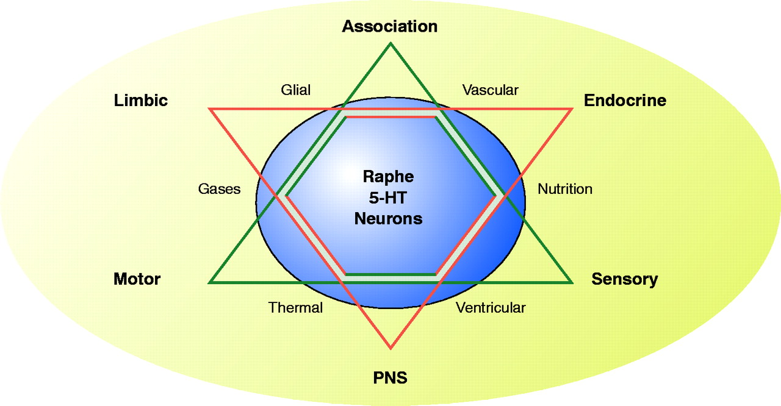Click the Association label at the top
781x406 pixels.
tap(389, 26)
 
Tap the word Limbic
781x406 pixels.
tap(140, 101)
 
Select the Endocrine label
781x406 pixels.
tap(625, 101)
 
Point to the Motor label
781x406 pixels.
tap(137, 279)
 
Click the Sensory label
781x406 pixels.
tap(624, 279)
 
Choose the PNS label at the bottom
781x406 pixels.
tap(390, 378)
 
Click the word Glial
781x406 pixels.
tap(295, 90)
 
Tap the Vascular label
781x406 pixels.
tap(490, 90)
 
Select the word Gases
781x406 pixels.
tap(219, 189)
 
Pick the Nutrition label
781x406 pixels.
tap(564, 189)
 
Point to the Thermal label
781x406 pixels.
tap(295, 308)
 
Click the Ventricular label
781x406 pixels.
tap(491, 308)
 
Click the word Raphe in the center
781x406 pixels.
tap(388, 177)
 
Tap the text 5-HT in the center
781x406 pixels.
tap(388, 198)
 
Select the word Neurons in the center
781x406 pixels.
tap(388, 218)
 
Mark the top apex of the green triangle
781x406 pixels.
tap(390, 43)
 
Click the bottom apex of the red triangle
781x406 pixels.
tap(390, 349)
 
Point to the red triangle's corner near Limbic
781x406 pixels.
tap(210, 109)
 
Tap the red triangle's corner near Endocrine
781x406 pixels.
tap(572, 109)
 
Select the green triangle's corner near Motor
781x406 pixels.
tap(210, 282)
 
